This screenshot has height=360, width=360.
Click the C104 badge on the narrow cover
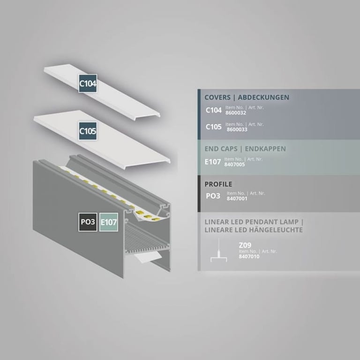click(88, 83)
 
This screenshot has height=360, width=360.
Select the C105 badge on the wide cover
click(88, 131)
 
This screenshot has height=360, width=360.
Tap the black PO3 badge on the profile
click(88, 222)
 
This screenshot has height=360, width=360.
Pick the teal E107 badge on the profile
click(109, 222)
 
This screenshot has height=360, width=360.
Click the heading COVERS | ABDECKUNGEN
click(247, 97)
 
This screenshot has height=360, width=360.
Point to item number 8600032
click(236, 112)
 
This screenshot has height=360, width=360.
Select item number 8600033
click(237, 129)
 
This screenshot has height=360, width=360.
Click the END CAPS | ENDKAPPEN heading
click(245, 149)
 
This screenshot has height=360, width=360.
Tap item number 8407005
click(234, 165)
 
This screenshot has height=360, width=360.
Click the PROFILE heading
click(218, 184)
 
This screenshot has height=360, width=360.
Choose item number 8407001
click(237, 199)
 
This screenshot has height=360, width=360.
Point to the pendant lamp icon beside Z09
click(219, 251)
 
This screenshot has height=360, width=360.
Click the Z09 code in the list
click(245, 245)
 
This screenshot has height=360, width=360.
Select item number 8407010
click(249, 256)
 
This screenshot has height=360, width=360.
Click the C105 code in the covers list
click(214, 127)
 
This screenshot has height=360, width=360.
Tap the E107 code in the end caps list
click(213, 162)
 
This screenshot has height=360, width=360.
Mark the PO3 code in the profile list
click(213, 196)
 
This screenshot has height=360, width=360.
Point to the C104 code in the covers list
click(214, 110)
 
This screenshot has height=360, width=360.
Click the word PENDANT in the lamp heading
click(260, 222)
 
